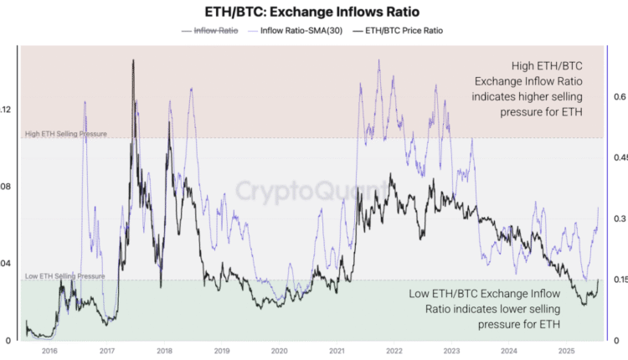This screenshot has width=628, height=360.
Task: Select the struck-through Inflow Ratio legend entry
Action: pos(210,31)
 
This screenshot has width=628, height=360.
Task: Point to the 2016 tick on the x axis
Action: pos(49,352)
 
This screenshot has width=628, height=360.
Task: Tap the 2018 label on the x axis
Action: pos(165,352)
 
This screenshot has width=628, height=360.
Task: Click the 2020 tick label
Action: pos(280,352)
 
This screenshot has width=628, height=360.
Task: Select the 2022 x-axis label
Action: pos(394,352)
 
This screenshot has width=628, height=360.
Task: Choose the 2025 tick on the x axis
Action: pos(567,352)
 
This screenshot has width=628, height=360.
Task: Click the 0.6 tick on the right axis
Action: pos(619,97)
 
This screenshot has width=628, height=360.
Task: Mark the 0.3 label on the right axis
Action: pos(619,219)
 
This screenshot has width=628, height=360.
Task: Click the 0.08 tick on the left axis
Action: pos(6,186)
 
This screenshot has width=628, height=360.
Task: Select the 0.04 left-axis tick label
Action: pos(6,263)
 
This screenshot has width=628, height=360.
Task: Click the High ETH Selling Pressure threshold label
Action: pos(65,134)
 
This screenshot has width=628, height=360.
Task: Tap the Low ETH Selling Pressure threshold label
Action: pos(64,275)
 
